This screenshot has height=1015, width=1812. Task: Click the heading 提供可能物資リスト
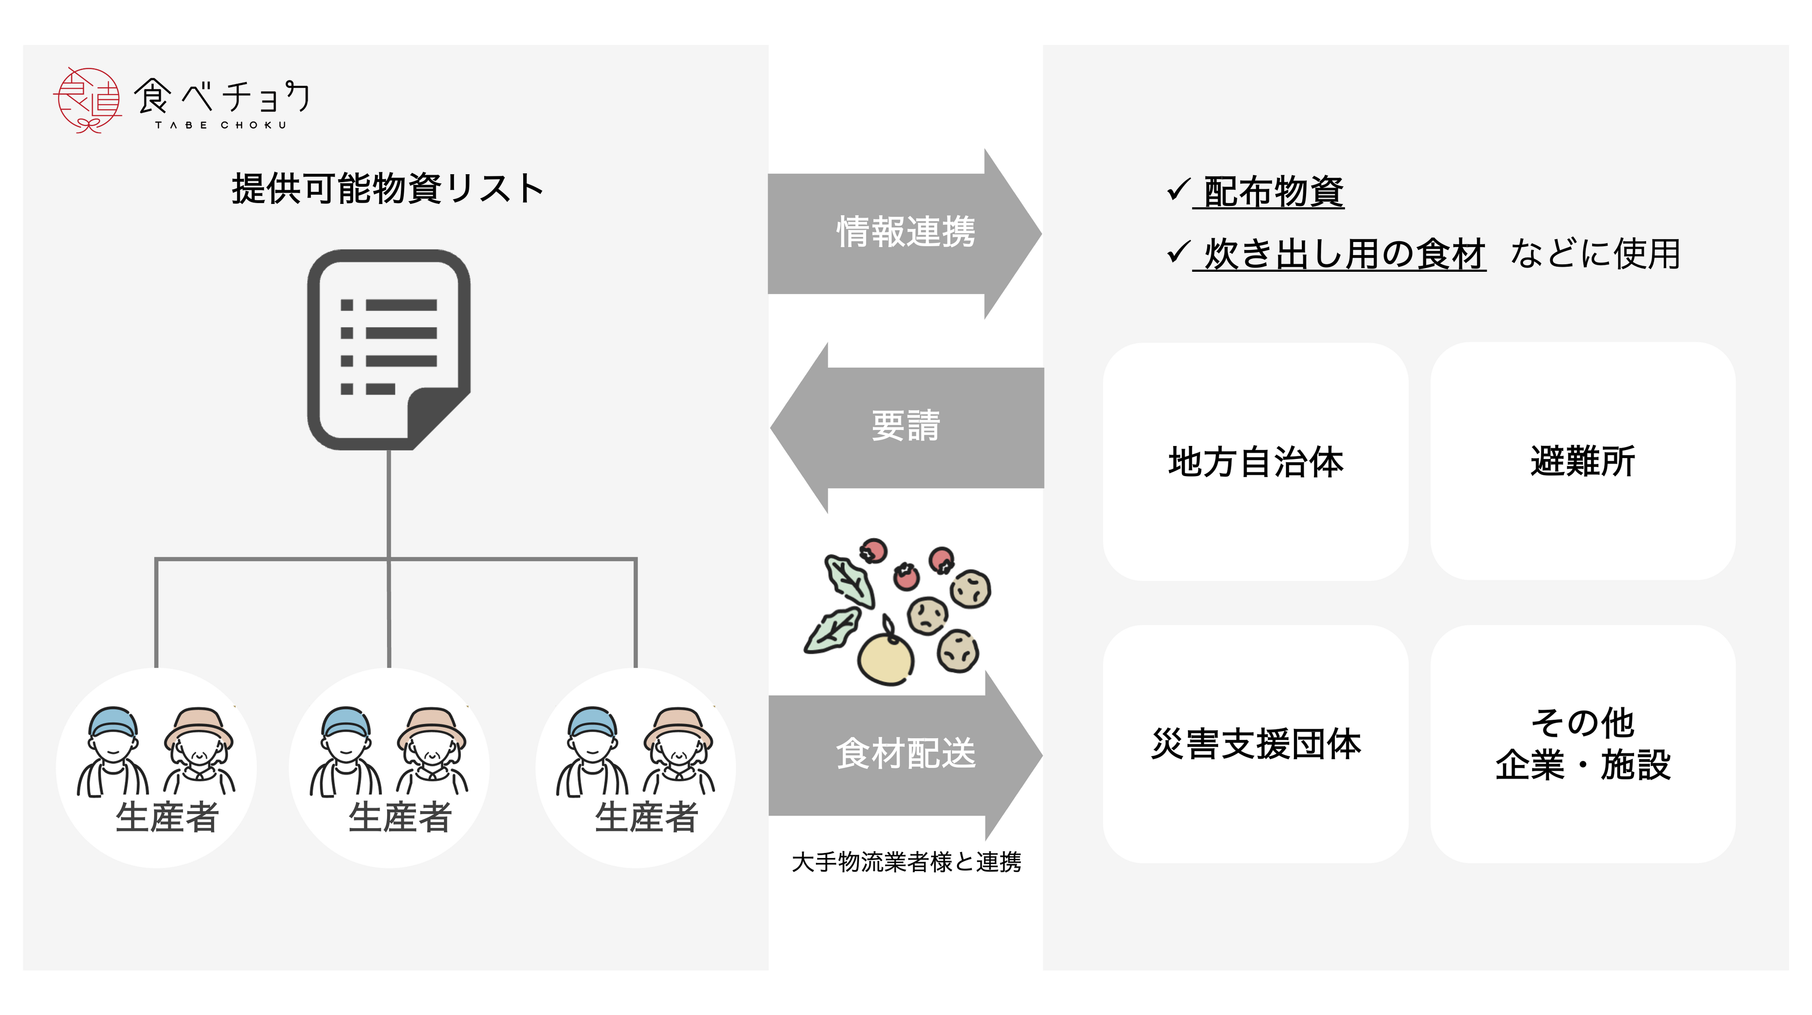tap(387, 189)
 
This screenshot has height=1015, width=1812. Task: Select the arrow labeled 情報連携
tap(905, 233)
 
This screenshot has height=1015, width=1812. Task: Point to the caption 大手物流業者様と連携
tap(906, 862)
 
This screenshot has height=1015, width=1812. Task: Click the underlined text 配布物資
tap(1273, 191)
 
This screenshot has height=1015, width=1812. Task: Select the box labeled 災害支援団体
tap(1255, 744)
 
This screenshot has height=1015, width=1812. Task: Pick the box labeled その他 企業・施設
tap(1582, 744)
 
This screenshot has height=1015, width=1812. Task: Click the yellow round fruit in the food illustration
tap(885, 659)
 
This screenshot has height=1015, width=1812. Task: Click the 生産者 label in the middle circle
tap(400, 818)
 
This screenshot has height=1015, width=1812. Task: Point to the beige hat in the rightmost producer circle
tap(678, 725)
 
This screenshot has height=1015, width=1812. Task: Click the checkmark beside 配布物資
tap(1177, 190)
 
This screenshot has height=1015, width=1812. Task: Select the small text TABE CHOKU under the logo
tap(221, 125)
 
